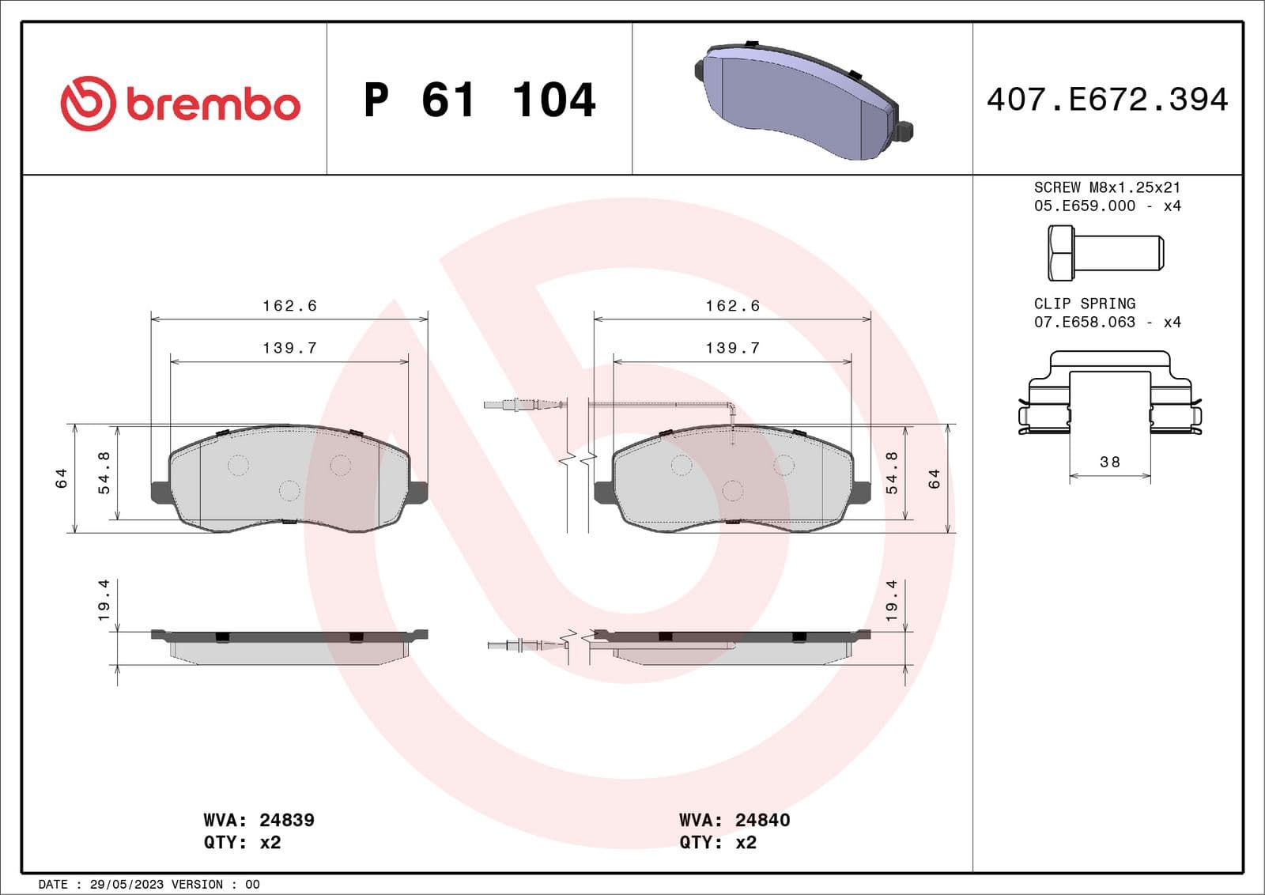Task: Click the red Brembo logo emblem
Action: pos(88,104)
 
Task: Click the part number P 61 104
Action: pos(479,100)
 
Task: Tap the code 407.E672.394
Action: pos(1107,100)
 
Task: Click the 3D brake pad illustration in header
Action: pos(802,101)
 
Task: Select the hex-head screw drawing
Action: pos(1105,253)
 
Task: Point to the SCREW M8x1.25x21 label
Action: pos(1107,187)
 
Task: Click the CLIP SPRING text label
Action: pos(1084,304)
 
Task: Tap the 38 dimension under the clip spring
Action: pos(1110,462)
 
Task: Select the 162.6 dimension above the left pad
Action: pos(289,306)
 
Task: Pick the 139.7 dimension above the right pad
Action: pos(732,348)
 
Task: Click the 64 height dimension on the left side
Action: pos(62,478)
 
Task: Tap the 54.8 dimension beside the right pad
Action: pos(892,473)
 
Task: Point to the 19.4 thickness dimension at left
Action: pos(104,600)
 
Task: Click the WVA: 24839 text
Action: pos(259,820)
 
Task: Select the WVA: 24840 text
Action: pos(734,820)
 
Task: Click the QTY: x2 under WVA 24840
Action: pos(717,842)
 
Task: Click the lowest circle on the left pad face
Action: pos(289,491)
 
